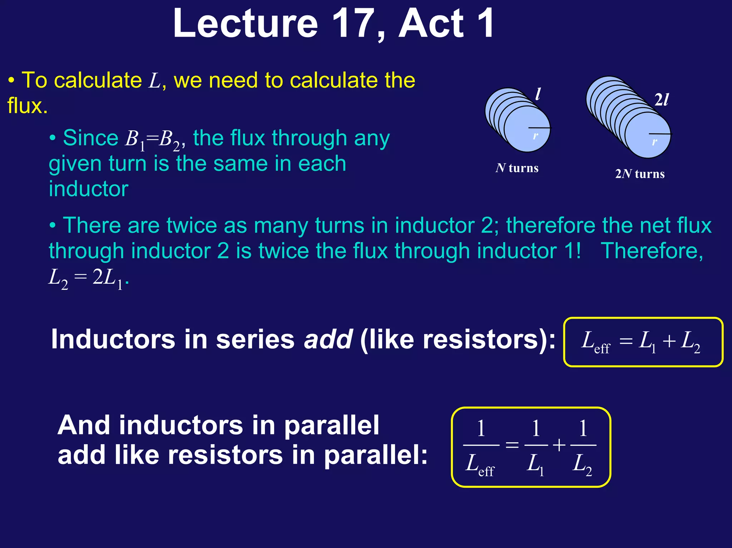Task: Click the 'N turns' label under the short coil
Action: [517, 168]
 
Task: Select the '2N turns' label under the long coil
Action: [640, 174]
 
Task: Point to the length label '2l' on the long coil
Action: [661, 100]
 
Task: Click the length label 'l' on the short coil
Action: [538, 94]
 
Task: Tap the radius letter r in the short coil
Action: [535, 135]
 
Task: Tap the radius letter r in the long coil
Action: [654, 141]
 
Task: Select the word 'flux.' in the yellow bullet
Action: [28, 106]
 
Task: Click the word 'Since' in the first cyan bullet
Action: [90, 138]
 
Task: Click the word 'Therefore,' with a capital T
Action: [652, 251]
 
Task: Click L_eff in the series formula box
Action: [595, 342]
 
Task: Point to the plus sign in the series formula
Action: [669, 341]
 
